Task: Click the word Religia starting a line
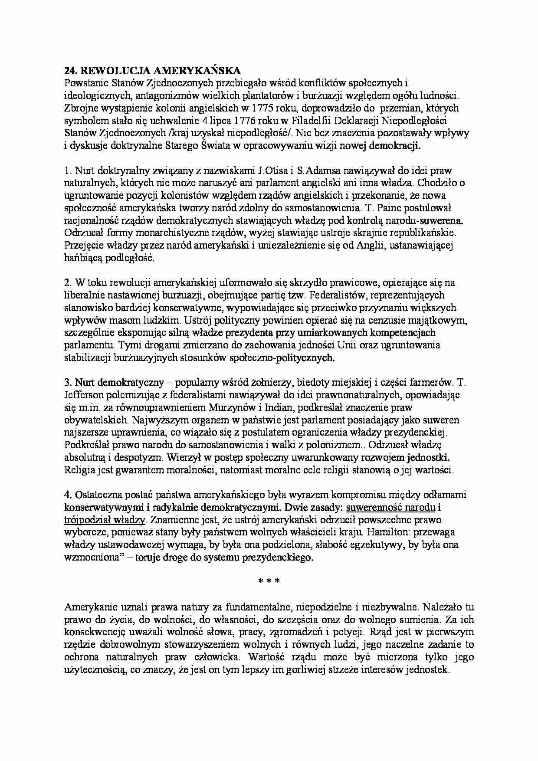point(78,470)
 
